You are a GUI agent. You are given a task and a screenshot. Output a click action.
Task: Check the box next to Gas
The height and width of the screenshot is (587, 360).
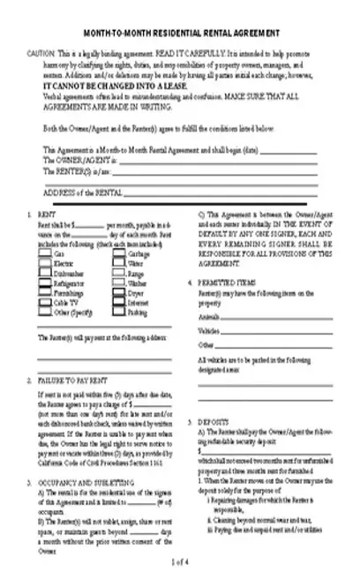click(45, 254)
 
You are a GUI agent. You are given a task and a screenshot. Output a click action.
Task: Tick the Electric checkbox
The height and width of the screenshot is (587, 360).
click(45, 263)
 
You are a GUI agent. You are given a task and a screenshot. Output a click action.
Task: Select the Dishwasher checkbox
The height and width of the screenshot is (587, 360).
click(45, 272)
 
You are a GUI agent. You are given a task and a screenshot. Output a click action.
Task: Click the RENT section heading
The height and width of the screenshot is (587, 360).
click(46, 214)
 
